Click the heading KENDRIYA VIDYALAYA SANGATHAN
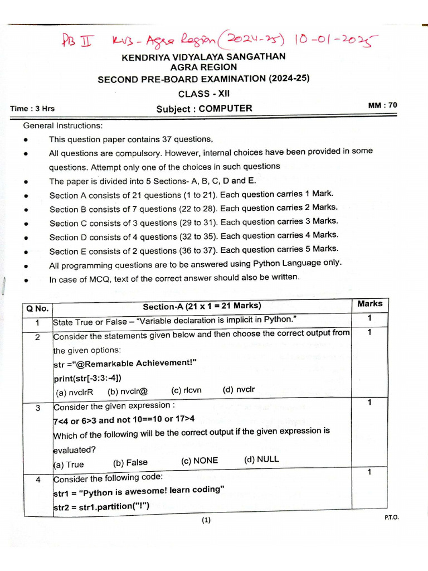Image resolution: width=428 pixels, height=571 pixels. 203,56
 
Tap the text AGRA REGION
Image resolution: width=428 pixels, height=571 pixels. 203,67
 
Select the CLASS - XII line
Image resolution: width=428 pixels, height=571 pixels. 203,94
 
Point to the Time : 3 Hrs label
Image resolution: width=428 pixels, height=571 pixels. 32,109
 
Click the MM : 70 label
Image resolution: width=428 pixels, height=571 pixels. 383,105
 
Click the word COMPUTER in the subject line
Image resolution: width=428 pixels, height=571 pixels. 225,108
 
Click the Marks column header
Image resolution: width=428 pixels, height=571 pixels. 370,304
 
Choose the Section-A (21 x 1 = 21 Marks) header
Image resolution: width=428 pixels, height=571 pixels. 202,306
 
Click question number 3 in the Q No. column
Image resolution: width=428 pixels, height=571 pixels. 37,408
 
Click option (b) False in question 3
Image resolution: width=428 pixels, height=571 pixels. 130,463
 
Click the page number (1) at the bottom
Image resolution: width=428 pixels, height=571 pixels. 206,521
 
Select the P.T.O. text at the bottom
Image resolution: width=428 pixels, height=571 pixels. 392,517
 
